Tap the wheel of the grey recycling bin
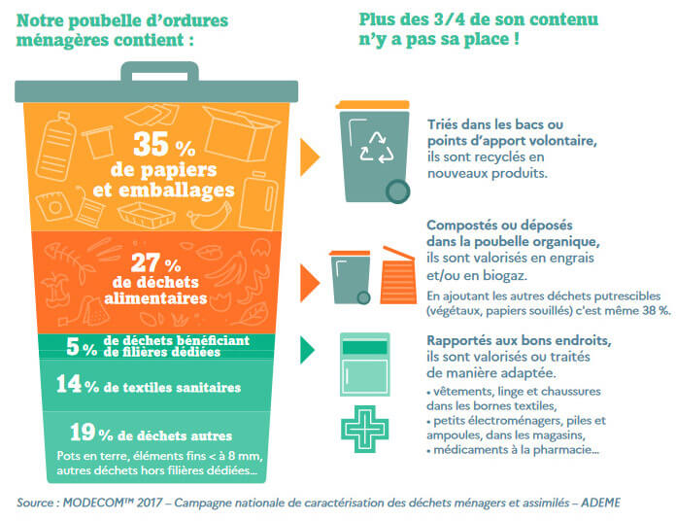point(396,191)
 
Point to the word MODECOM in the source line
point(102,503)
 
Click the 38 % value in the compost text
point(651,310)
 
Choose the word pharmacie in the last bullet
point(565,450)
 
